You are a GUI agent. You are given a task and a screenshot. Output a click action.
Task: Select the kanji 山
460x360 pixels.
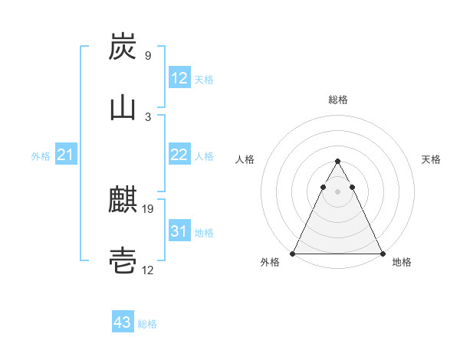click(x=123, y=107)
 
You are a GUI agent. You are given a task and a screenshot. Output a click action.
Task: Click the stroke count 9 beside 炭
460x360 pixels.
click(x=147, y=56)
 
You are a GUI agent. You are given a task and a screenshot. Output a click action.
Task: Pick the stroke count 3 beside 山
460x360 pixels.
click(x=147, y=116)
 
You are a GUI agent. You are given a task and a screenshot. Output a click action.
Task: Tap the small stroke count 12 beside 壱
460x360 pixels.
click(x=149, y=269)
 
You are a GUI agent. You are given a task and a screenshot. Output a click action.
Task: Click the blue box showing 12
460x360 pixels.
click(x=179, y=78)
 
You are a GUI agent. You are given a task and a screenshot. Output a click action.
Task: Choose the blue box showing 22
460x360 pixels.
click(x=179, y=155)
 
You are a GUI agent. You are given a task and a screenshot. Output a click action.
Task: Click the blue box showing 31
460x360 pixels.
click(x=179, y=231)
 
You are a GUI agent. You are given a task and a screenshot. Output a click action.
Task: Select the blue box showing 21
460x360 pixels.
click(x=65, y=155)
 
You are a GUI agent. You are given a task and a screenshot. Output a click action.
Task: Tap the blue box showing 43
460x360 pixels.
click(x=122, y=322)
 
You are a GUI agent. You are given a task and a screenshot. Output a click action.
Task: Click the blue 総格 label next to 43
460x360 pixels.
click(x=147, y=324)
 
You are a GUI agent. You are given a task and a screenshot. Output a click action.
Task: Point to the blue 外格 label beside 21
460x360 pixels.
click(x=41, y=156)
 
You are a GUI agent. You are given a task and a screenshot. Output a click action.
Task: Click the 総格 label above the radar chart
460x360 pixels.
click(x=337, y=100)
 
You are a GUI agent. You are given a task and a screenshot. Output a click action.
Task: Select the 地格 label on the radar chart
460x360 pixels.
click(x=402, y=263)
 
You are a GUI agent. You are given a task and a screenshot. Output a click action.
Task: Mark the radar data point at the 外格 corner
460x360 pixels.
click(x=293, y=254)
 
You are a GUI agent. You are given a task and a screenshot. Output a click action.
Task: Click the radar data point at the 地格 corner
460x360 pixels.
click(x=382, y=254)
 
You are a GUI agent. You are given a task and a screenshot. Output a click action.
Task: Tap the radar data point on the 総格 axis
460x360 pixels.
click(x=337, y=162)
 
